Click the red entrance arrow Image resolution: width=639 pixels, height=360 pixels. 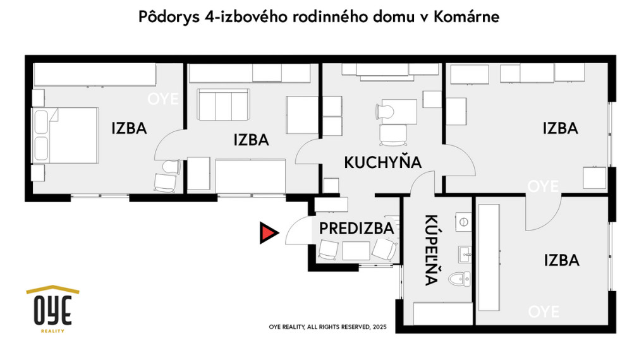[x=268, y=233]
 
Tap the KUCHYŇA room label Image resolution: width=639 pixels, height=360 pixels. [x=382, y=162]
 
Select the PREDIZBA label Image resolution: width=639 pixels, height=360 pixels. [x=356, y=228]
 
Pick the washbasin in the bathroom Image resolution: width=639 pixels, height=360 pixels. [x=466, y=255]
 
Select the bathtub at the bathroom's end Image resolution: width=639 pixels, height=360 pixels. [x=442, y=313]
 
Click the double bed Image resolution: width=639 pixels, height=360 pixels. [x=66, y=135]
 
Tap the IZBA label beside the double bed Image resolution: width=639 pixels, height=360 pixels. [x=129, y=128]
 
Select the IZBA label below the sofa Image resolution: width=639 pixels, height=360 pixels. [x=251, y=140]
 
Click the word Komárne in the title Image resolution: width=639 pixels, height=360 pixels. [x=467, y=17]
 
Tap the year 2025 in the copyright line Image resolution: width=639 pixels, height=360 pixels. [x=379, y=327]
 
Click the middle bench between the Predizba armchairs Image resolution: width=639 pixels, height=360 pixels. [x=356, y=250]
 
